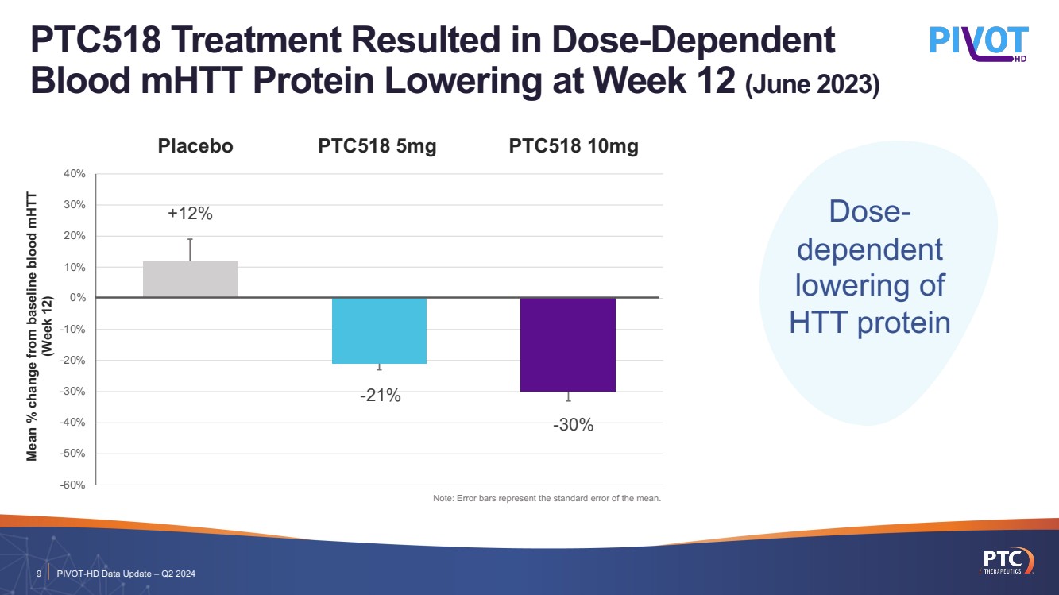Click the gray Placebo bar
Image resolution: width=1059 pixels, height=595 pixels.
coord(190,280)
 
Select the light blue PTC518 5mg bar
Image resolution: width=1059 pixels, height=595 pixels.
coord(379,330)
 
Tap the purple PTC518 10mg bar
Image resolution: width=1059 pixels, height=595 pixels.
coord(568,345)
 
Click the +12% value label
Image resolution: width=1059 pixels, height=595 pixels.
coord(190,214)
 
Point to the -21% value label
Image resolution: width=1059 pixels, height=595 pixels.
coord(379,395)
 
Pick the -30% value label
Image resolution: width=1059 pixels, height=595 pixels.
coord(573,425)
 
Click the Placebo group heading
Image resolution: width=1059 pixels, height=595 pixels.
coord(195,146)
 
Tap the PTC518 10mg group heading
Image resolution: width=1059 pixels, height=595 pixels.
coord(574,146)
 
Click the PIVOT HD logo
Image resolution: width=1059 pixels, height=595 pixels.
coord(979,44)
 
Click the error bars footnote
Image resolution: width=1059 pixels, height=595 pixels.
coord(547,499)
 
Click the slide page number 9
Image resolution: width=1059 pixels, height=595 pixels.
coord(38,574)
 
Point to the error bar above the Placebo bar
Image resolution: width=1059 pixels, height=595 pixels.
coord(190,249)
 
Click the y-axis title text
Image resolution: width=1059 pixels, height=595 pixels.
coord(39,326)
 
